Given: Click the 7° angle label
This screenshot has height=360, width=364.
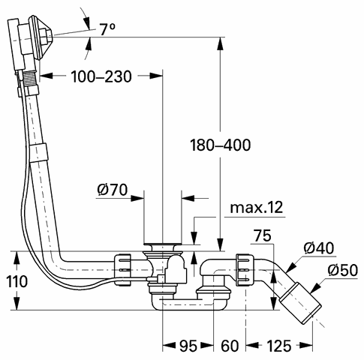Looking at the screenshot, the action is point(107,29).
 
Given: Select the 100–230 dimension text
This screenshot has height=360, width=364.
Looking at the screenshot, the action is point(101,76).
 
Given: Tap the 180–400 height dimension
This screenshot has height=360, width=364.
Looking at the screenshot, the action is point(221,145).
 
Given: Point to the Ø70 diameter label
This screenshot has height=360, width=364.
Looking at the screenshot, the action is point(113,190).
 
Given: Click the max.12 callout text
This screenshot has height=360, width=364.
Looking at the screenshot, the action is point(256,208).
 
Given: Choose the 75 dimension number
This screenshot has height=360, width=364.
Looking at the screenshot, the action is point(263,235).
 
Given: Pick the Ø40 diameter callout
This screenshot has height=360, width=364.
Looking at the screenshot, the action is point(319,248).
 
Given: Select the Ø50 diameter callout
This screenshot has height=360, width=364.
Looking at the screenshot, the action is point(342,270).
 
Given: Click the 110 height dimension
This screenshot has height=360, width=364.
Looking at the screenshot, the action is point(17,281).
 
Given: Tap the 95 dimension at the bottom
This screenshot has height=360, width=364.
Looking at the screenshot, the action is point(188,346).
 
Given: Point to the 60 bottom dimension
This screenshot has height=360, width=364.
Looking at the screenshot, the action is point(230,346).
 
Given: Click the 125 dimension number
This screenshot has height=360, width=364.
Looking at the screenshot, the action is point(279,346).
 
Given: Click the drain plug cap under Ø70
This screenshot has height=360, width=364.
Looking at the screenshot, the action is point(163,244).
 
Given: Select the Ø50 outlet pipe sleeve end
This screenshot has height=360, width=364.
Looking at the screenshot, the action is point(300,303).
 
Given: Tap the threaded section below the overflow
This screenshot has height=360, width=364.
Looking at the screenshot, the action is point(31,77).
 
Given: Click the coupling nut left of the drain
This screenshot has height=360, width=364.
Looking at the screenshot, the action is point(122,269).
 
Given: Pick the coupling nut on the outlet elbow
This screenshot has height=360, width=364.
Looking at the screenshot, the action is point(244,269).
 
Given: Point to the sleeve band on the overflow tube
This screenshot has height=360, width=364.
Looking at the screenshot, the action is point(38,152).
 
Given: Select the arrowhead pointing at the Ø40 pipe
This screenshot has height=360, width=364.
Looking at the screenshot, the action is point(290,268).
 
